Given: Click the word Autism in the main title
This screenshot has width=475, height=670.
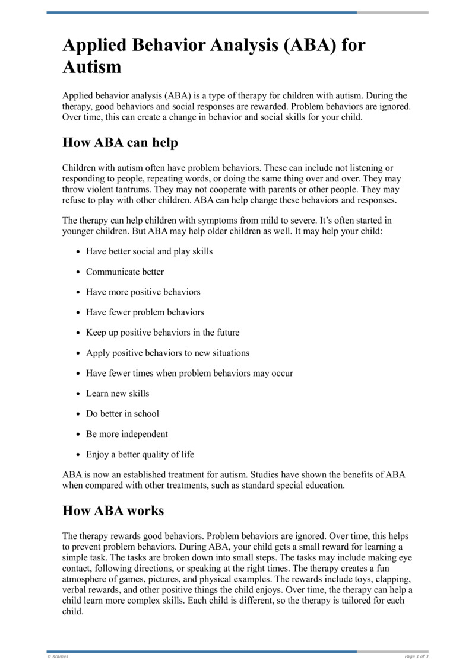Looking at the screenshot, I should (x=92, y=67).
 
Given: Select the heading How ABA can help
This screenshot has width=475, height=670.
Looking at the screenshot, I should (x=120, y=143).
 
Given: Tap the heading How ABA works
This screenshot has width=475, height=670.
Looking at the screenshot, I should (x=113, y=510).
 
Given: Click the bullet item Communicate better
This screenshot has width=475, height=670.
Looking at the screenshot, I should (x=125, y=272).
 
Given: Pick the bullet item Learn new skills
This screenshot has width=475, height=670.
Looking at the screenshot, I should (x=118, y=393).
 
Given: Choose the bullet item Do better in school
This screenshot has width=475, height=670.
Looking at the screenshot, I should (x=122, y=413).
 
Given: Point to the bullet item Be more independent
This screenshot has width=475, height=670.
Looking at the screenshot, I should (x=126, y=434).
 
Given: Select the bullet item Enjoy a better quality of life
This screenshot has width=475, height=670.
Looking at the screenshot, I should (x=140, y=454).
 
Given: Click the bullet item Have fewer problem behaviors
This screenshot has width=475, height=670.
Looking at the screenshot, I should (x=145, y=312).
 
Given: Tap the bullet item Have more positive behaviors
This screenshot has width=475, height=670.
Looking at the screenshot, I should (x=143, y=292).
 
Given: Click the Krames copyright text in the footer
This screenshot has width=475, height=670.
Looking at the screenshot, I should (x=58, y=656).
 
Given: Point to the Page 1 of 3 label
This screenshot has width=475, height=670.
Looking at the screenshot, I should (x=416, y=656).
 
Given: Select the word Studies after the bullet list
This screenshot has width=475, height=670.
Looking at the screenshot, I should (x=266, y=475).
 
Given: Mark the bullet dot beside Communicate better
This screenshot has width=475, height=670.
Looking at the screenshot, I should (x=78, y=272).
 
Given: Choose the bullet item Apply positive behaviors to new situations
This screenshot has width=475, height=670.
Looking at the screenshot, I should (x=167, y=353).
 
